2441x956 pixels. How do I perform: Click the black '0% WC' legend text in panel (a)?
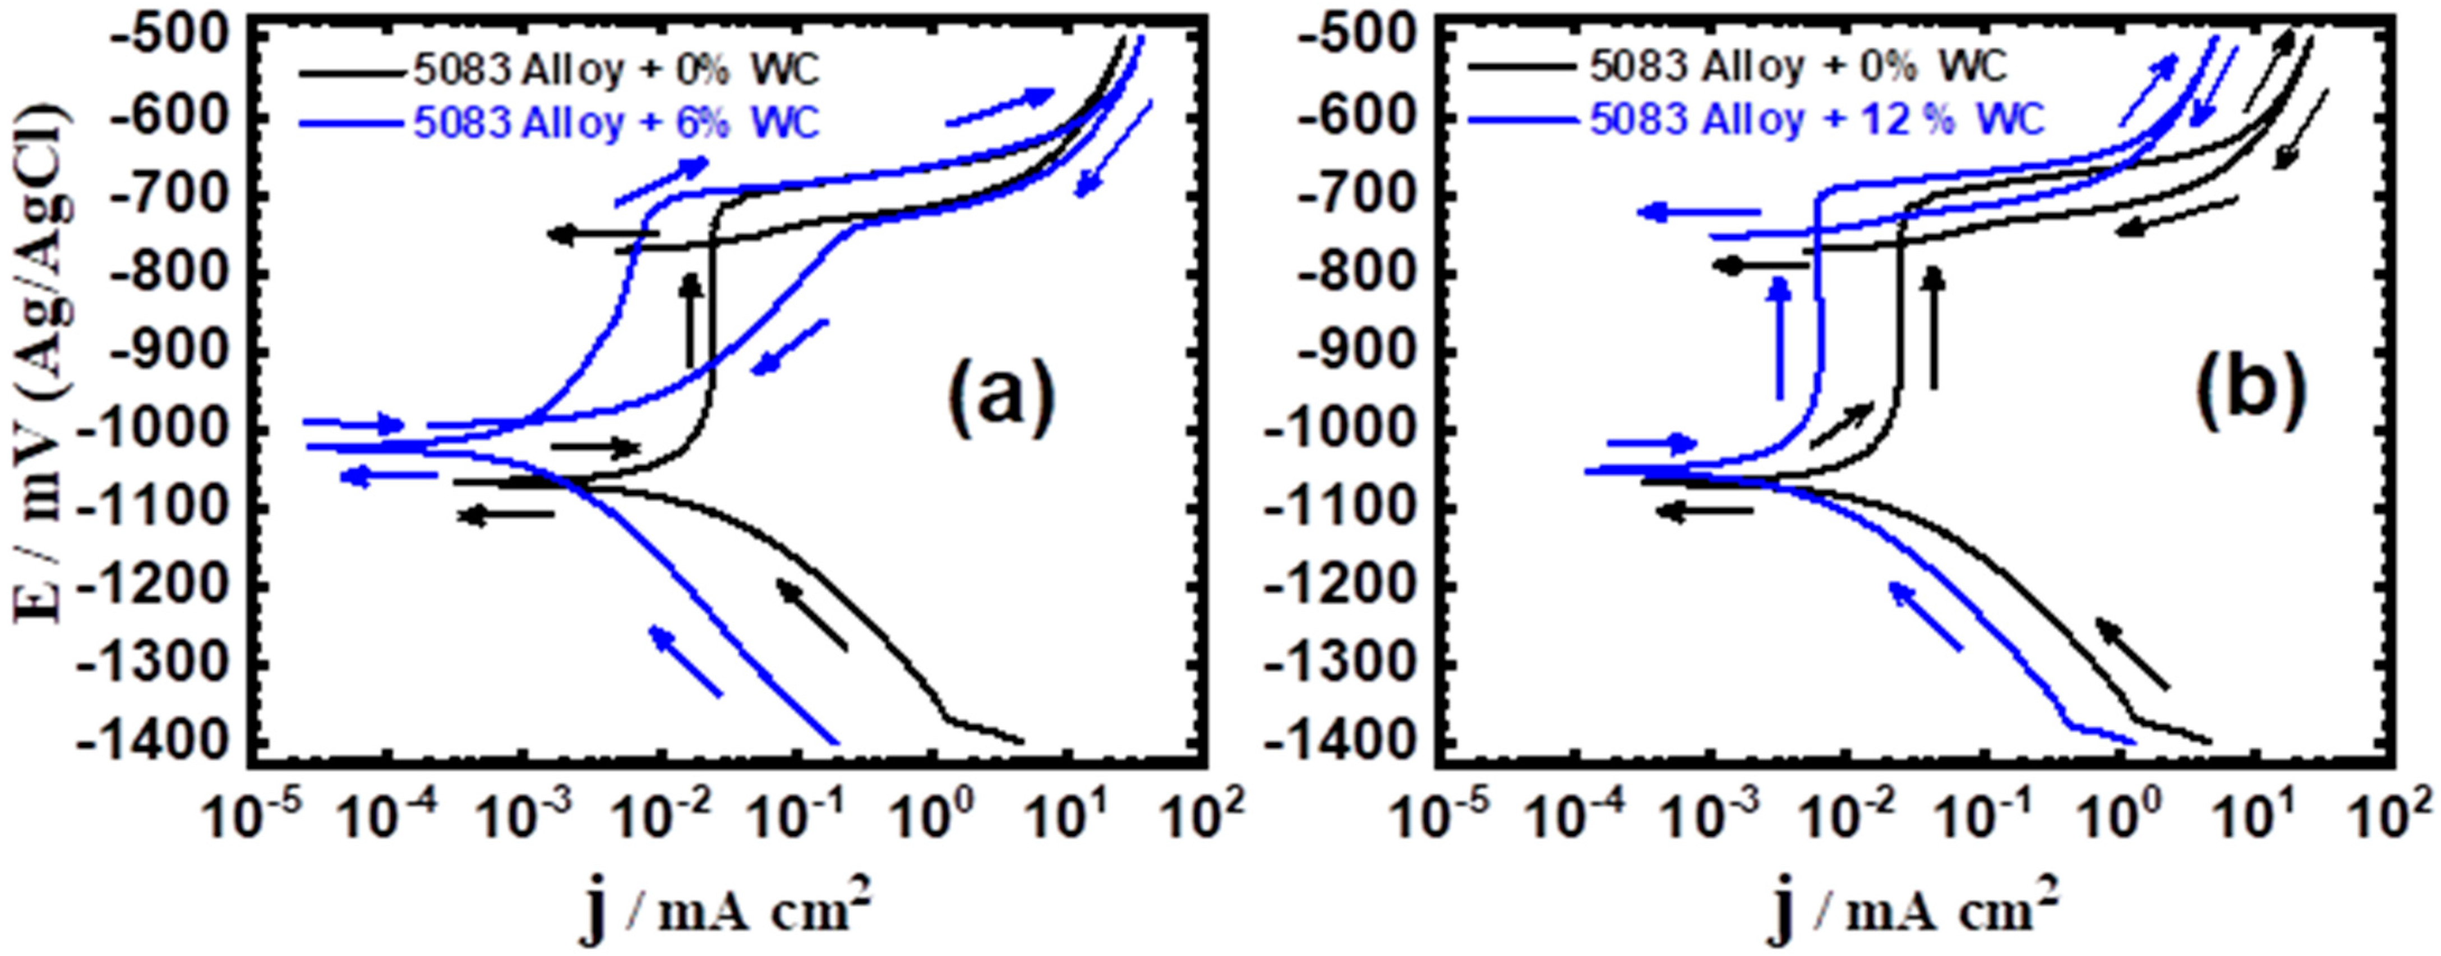616,69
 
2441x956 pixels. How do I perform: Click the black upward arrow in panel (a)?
692,319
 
